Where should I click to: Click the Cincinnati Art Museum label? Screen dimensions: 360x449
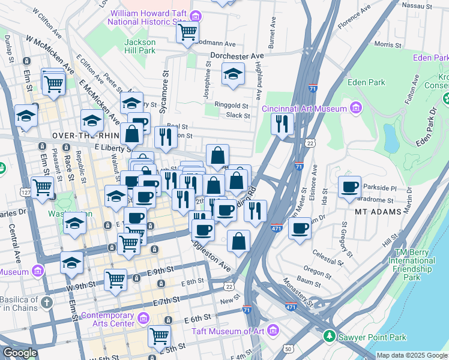[x=305, y=109]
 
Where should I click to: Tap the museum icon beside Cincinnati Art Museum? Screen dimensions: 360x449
[x=357, y=108]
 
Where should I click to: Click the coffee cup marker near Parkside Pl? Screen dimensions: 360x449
[x=349, y=187]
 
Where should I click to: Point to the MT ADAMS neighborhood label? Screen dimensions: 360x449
[x=378, y=212]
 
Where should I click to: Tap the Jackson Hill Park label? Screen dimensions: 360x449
[x=140, y=47]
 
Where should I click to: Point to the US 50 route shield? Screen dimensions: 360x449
[x=289, y=348]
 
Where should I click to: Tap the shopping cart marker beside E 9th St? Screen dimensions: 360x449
[x=115, y=279]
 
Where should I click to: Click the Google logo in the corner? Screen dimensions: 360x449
[x=20, y=353]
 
